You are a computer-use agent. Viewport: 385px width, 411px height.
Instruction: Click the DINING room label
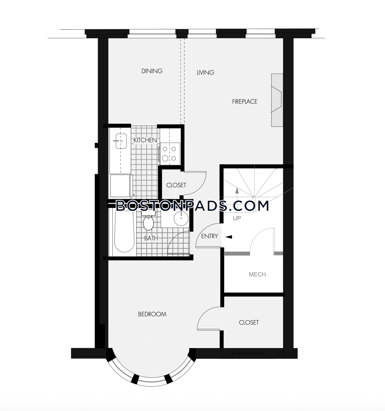(x=152, y=71)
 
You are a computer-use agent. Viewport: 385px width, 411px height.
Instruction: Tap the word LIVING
(x=205, y=73)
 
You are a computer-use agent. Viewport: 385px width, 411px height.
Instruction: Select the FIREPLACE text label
(x=245, y=102)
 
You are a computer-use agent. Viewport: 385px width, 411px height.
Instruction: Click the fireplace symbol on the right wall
(x=277, y=100)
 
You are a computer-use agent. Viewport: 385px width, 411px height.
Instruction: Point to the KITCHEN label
(x=145, y=140)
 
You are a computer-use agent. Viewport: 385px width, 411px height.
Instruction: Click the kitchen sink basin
(x=121, y=141)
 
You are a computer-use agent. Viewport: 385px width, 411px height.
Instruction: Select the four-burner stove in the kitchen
(x=170, y=154)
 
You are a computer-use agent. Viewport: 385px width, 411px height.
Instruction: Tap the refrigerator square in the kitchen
(x=120, y=186)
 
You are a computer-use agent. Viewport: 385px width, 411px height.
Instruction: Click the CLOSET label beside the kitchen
(x=176, y=185)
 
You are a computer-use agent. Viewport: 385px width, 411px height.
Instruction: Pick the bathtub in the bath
(x=124, y=231)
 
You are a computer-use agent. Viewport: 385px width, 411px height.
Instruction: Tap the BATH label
(x=151, y=238)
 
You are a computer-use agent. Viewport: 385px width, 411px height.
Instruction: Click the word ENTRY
(x=209, y=236)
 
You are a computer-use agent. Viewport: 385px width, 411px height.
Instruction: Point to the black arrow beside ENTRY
(x=229, y=237)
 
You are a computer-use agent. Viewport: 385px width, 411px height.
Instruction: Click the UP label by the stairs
(x=237, y=218)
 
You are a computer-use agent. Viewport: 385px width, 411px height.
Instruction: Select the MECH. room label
(x=258, y=274)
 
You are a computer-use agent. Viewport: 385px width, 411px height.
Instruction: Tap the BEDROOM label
(x=152, y=314)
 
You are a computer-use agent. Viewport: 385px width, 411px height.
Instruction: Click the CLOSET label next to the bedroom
(x=249, y=322)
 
